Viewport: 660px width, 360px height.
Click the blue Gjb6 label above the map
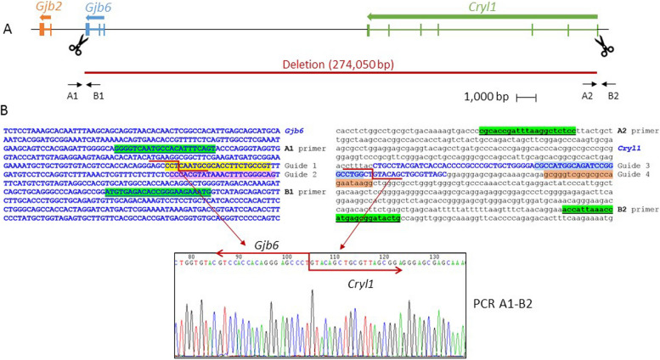click(99, 7)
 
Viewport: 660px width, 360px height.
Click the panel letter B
click(8, 111)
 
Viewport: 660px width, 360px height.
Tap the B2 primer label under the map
click(613, 96)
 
